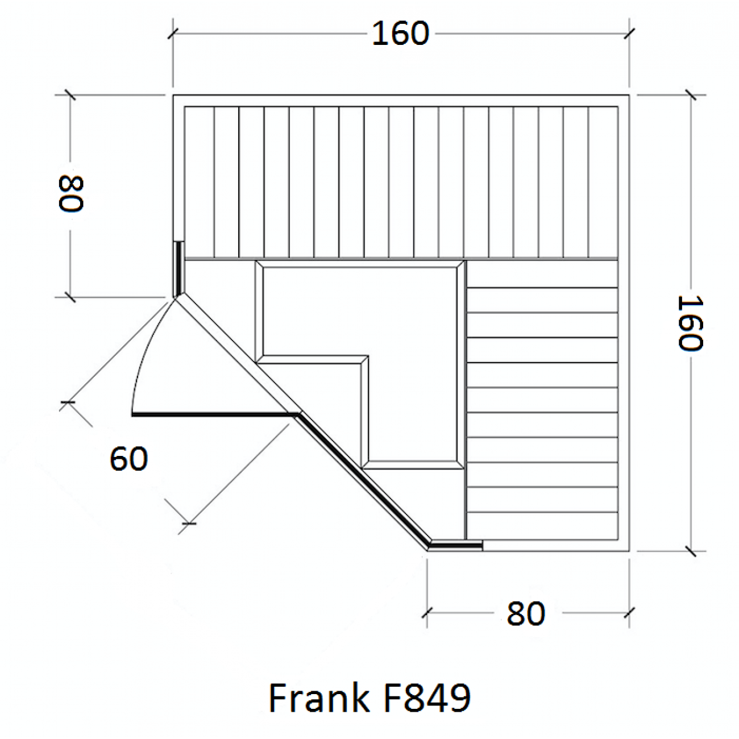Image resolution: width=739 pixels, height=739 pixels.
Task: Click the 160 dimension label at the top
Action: pyautogui.click(x=400, y=34)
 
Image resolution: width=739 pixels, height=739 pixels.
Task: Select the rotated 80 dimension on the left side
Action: pyautogui.click(x=71, y=193)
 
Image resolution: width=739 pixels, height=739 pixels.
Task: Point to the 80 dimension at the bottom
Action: pyautogui.click(x=525, y=613)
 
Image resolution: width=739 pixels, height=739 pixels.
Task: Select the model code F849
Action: pyautogui.click(x=427, y=698)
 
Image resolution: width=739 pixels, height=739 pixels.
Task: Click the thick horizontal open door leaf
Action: pyautogui.click(x=215, y=414)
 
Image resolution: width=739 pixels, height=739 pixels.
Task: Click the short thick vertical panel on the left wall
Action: pyautogui.click(x=178, y=269)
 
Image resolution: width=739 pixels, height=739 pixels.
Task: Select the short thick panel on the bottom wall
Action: pyautogui.click(x=456, y=545)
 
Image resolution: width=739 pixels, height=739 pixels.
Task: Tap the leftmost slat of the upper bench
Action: pyautogui.click(x=199, y=182)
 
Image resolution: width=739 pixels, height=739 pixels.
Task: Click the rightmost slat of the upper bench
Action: pyautogui.click(x=603, y=182)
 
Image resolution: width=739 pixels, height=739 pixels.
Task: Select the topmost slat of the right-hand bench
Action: pyautogui.click(x=542, y=274)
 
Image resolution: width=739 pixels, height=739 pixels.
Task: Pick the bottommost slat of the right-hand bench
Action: pyautogui.click(x=542, y=526)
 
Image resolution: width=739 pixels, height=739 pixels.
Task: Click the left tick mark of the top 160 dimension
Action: pyautogui.click(x=173, y=34)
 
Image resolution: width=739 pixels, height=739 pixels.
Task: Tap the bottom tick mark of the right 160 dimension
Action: pyautogui.click(x=690, y=551)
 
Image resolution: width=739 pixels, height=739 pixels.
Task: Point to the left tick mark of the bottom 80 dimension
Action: pyautogui.click(x=427, y=613)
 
